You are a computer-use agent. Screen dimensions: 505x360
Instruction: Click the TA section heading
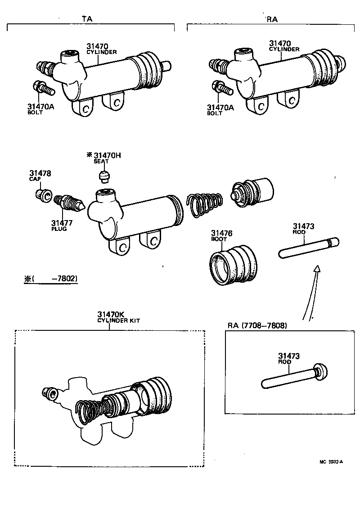tap(88, 19)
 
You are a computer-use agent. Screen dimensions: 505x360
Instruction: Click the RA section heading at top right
tap(272, 19)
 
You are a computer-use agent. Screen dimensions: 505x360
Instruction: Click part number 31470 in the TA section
tap(97, 46)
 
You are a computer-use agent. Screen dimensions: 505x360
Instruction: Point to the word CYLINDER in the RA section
tap(284, 50)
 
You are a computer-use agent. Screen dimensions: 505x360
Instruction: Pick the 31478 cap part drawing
tap(43, 195)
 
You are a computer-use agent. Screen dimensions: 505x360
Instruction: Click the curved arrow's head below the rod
tap(317, 269)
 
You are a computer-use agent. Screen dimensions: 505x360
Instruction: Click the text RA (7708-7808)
tap(257, 325)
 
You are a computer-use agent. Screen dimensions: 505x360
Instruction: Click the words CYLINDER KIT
tap(119, 320)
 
